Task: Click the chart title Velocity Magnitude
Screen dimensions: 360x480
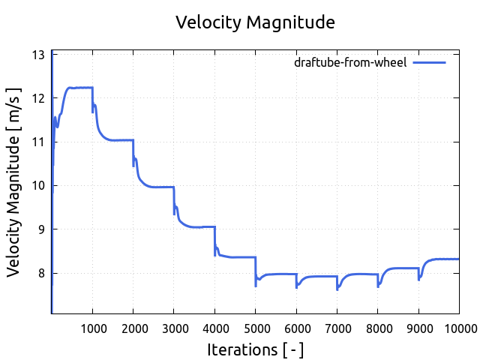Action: [x=255, y=22]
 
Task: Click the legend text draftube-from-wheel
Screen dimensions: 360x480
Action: [x=350, y=62]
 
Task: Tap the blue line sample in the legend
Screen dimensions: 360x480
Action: [x=430, y=62]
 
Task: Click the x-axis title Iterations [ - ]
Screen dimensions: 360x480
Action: [x=255, y=349]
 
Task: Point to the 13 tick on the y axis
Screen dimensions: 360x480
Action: [x=37, y=55]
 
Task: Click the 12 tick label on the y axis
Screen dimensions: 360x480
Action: [x=37, y=98]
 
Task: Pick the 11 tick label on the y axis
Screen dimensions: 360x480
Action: [x=37, y=142]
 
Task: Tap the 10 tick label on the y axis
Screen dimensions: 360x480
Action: [x=37, y=185]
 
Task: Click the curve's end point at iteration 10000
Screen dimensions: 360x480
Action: [x=457, y=259]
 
